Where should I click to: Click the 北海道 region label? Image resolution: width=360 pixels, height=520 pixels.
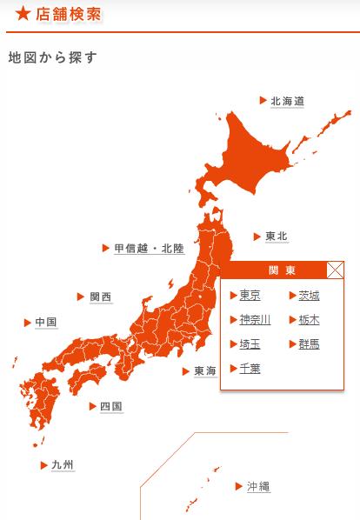coord(287,101)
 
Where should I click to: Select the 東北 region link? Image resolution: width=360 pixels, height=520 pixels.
coord(277,237)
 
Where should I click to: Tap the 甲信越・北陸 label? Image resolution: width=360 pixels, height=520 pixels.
coord(149,249)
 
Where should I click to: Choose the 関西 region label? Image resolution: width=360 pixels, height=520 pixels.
coord(101,297)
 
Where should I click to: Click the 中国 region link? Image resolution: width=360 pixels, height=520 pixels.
coord(46,323)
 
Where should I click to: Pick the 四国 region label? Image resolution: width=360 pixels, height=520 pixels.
coord(110,406)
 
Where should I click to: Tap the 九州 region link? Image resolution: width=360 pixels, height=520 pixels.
coord(63,465)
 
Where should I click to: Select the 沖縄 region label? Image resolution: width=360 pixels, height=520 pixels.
coord(257,486)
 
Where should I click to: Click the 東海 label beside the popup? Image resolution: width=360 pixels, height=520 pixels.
coord(204,371)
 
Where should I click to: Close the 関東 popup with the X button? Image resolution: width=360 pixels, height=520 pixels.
coord(335,270)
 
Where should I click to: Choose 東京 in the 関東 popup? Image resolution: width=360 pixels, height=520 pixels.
coord(250,295)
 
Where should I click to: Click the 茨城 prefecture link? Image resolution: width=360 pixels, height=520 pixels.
coord(309,295)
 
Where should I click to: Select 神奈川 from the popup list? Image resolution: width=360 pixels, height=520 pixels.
coord(255,319)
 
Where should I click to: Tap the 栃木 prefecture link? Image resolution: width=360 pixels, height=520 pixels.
coord(309,319)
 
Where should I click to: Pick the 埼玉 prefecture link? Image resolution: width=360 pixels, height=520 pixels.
coord(250,343)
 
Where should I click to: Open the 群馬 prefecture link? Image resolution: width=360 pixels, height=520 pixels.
coord(309,343)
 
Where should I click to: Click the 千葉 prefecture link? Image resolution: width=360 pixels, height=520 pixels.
coord(250,368)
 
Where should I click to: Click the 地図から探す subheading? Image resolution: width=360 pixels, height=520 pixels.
coord(52,58)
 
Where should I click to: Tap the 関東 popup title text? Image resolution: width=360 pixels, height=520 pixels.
coord(283,270)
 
